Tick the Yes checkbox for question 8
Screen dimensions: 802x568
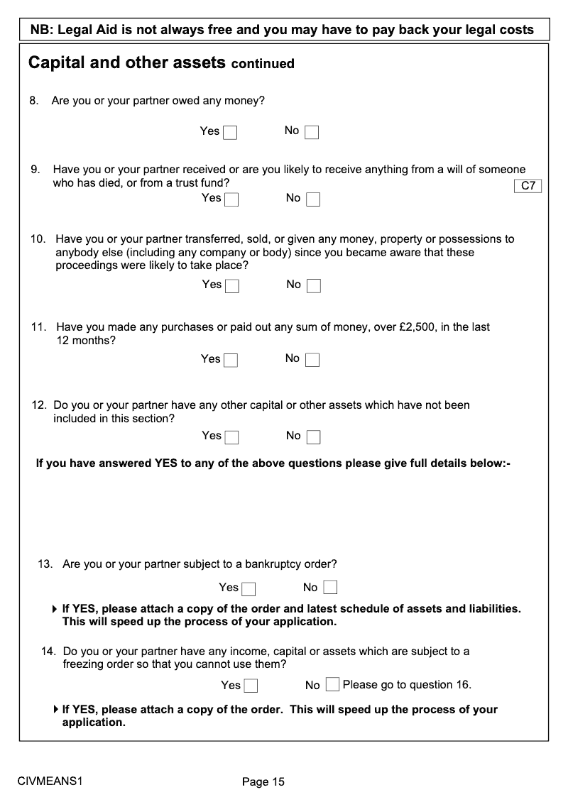click(x=230, y=133)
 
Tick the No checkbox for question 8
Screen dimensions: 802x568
click(x=312, y=133)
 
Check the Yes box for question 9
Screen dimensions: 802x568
click(x=231, y=199)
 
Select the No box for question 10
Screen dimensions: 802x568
click(x=314, y=286)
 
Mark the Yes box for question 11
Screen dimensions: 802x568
click(x=231, y=361)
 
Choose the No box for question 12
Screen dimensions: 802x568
click(x=314, y=437)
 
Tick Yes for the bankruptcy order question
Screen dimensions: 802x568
click(x=248, y=589)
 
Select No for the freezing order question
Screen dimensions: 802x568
click(x=332, y=685)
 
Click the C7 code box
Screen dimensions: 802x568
click(x=528, y=186)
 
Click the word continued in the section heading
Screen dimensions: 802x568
click(x=263, y=64)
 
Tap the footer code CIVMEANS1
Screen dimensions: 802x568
click(x=50, y=781)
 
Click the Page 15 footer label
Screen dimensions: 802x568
click(x=263, y=781)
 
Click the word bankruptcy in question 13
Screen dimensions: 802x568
click(x=273, y=565)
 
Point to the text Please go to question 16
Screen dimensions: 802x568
click(x=407, y=685)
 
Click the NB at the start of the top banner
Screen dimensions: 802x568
click(x=40, y=30)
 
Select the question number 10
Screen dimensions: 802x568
click(x=38, y=239)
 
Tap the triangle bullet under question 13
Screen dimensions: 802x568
click(x=55, y=609)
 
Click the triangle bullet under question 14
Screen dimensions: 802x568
click(x=55, y=710)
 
